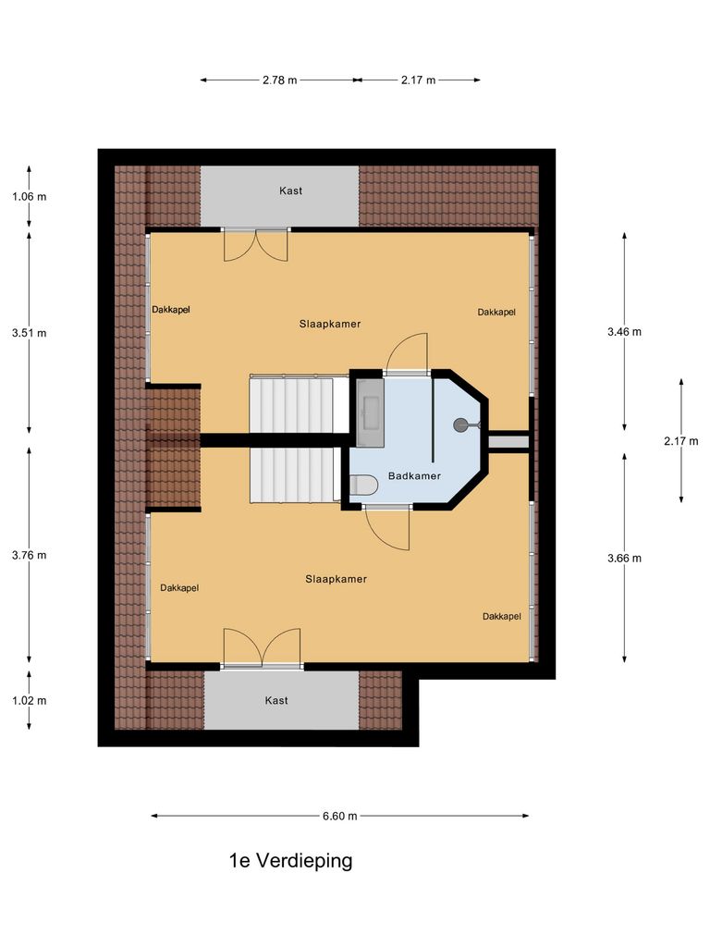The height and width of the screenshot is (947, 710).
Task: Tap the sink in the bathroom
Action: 372,408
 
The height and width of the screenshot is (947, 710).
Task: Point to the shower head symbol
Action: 459,425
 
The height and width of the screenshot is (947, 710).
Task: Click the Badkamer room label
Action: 414,476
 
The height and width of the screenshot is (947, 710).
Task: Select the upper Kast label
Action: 290,191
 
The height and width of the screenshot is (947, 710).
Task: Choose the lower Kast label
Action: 276,700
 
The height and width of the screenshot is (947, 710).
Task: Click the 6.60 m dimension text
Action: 340,816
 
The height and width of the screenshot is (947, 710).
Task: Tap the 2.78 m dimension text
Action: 280,80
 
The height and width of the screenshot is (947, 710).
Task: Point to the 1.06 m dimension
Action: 29,196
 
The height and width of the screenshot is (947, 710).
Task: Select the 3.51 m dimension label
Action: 29,333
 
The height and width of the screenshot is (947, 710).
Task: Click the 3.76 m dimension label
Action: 29,555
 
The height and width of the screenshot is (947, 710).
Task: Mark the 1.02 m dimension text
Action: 29,700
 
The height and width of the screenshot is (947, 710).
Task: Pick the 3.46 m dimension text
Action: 624,331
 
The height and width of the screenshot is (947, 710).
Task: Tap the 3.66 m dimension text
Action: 624,558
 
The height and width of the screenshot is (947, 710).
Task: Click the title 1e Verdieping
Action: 291,861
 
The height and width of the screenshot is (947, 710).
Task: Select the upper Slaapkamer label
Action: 329,325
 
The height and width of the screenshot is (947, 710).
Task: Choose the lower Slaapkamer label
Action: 336,579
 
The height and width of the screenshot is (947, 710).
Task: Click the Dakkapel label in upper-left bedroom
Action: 171,310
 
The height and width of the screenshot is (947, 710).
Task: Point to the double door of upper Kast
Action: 256,244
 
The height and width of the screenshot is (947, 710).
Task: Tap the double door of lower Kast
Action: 262,647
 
